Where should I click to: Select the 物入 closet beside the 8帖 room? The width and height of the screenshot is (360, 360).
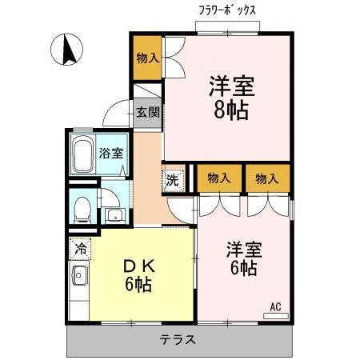147,58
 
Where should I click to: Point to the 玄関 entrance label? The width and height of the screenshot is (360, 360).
148,112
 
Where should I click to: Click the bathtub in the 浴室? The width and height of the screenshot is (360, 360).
84,154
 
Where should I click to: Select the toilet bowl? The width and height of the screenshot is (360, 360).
82,209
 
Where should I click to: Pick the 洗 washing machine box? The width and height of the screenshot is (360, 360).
173,179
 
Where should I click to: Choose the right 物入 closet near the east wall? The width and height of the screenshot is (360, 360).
267,178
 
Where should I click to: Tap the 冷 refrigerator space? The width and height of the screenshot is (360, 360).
80,249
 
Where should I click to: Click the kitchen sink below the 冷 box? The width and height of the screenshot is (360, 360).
79,278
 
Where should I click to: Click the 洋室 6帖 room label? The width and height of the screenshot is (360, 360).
242,258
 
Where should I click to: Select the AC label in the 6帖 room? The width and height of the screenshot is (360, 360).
275,306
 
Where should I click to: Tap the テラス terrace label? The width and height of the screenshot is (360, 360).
178,338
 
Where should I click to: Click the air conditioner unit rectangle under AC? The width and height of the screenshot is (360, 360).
275,315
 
